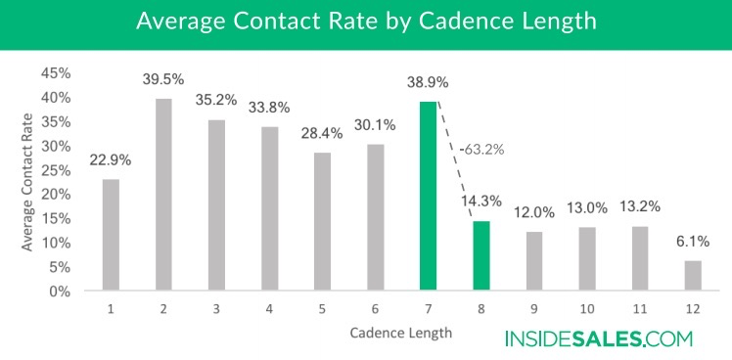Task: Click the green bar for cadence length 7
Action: pos(428,196)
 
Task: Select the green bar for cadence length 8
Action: pos(481,255)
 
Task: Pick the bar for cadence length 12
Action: pos(693,275)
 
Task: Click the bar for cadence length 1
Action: pos(111,234)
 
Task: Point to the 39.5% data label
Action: pos(163,78)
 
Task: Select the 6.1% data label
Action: pos(693,241)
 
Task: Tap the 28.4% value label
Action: pos(321,132)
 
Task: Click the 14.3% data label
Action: pos(481,202)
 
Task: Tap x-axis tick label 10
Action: pos(586,307)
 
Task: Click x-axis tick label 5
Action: pos(322,307)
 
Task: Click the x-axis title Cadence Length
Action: pos(401,333)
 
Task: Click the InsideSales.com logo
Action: pos(598,339)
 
